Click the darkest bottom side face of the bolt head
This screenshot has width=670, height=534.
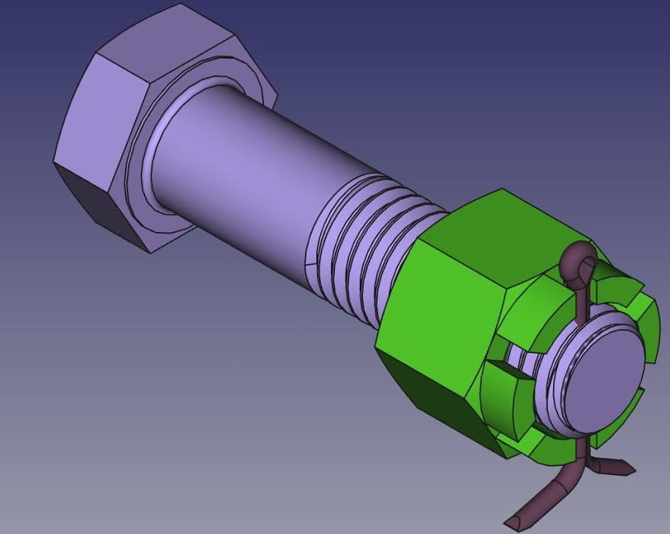(93, 201)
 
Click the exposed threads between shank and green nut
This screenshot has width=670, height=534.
(364, 240)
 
